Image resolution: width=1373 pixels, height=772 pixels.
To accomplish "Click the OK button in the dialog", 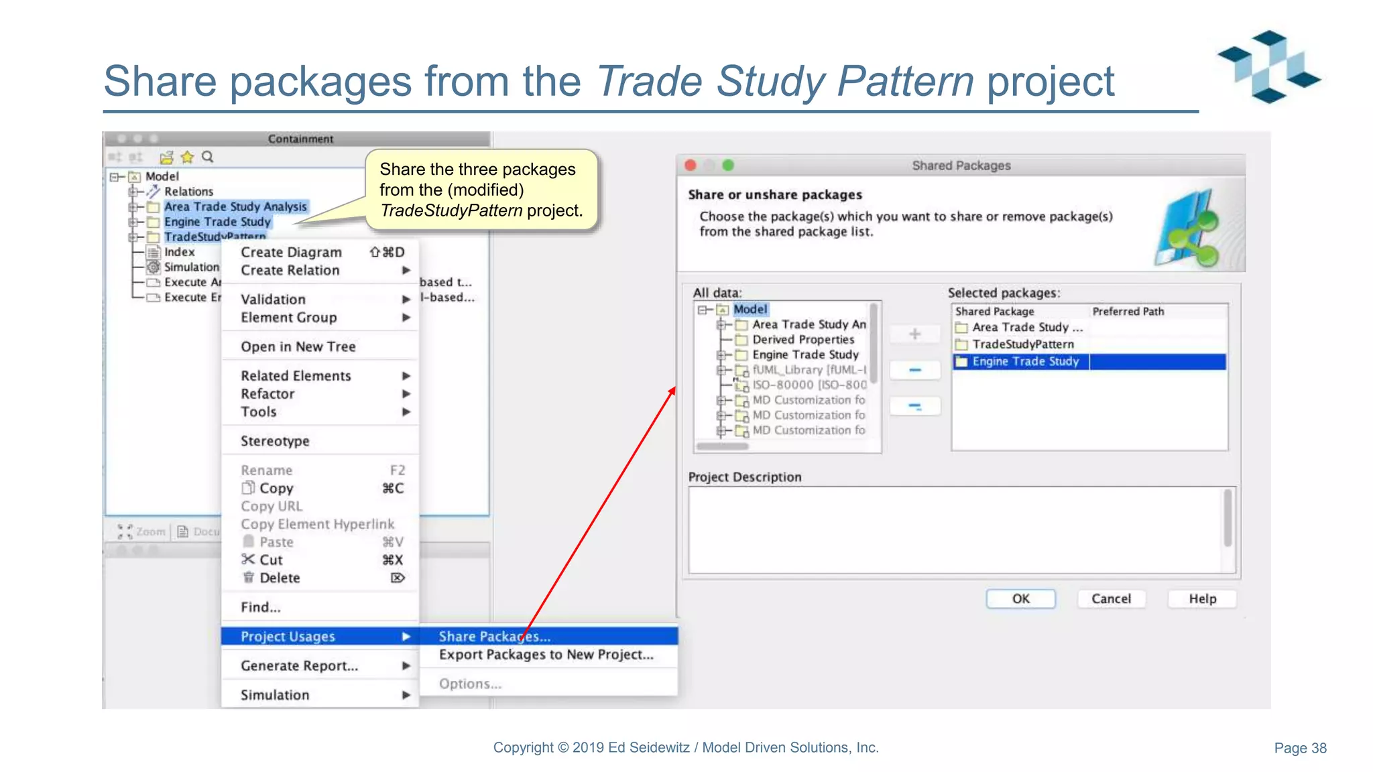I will (1020, 598).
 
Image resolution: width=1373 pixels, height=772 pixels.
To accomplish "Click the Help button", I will (1202, 598).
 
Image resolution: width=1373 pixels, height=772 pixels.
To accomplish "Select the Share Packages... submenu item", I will (494, 636).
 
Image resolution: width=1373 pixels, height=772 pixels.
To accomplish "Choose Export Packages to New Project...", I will (546, 654).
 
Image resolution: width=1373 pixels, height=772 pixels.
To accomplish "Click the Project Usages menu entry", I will (288, 636).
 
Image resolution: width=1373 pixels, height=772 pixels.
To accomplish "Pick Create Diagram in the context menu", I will (291, 252).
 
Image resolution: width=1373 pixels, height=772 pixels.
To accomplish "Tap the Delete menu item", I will (280, 578).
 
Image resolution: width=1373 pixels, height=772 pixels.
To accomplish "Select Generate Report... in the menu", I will (299, 665).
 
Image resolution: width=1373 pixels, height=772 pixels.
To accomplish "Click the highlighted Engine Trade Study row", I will (1025, 361).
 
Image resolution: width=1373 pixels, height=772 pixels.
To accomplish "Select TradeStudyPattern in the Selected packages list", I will (1022, 344).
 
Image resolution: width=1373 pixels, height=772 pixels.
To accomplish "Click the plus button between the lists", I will (914, 334).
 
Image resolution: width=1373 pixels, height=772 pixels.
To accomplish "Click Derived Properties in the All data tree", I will (802, 339).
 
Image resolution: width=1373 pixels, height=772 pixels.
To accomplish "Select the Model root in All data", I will (750, 309).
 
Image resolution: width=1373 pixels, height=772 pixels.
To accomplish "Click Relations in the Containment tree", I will (188, 191).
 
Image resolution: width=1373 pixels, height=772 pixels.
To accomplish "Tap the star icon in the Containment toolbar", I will (187, 157).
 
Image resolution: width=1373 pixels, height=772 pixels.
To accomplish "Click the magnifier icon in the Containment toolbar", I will (208, 157).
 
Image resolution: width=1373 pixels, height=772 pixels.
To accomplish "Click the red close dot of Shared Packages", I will (691, 165).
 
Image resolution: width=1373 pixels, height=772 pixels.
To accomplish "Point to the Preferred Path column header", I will (1128, 311).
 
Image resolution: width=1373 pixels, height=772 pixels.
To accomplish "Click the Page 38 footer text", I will (1299, 748).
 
